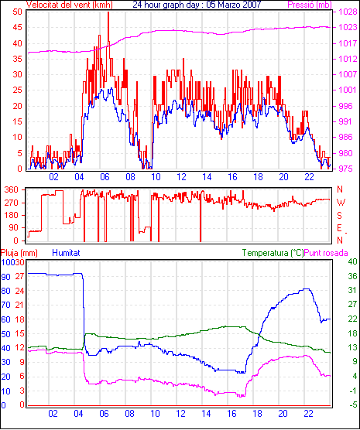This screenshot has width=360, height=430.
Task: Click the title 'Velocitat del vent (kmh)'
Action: (x=70, y=5)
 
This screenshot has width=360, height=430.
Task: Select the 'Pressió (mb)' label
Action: (x=310, y=5)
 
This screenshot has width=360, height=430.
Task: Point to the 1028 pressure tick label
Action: (x=348, y=12)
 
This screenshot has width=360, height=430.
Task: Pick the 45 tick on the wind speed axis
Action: (x=17, y=27)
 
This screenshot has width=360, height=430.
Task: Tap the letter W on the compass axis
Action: (x=341, y=203)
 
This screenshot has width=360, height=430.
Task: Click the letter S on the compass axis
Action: (x=339, y=216)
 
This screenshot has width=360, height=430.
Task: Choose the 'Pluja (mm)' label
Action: (x=19, y=253)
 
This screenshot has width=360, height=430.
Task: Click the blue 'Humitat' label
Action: (x=66, y=253)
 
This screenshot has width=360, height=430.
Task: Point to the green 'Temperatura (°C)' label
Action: (x=273, y=253)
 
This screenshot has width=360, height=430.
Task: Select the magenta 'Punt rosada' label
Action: (x=326, y=253)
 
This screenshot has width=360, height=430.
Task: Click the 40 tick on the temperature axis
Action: (x=352, y=261)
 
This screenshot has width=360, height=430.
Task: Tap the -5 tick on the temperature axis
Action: (x=352, y=404)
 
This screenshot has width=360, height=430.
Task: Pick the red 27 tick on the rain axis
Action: (x=19, y=276)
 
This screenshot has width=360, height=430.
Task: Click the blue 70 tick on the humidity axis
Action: (x=5, y=305)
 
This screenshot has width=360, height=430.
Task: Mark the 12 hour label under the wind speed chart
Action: (x=181, y=177)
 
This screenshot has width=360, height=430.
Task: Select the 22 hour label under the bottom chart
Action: (x=309, y=413)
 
